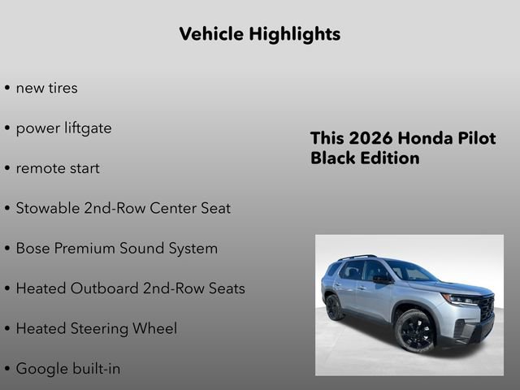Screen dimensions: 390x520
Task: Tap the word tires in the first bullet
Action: pos(62,88)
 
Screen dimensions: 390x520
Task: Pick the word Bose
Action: pos(33,248)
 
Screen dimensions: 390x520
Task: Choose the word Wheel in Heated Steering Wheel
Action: pos(156,328)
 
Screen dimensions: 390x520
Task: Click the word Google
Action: pos(41,369)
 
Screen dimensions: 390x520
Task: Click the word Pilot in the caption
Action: pos(474,138)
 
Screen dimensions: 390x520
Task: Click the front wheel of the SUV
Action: pos(415,331)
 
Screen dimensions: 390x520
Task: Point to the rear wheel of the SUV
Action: pos(334,307)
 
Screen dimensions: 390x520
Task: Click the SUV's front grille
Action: pos(486,308)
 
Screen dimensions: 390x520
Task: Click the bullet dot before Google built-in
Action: pos(7,370)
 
